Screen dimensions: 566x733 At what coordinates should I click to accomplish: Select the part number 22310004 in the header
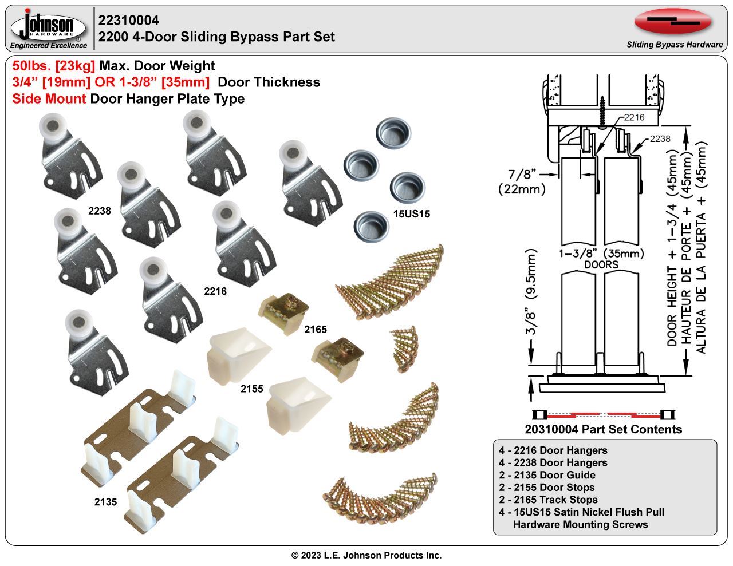(129, 21)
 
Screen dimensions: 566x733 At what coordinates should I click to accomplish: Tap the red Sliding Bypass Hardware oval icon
(673, 22)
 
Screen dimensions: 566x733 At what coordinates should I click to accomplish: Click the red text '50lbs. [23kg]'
(54, 66)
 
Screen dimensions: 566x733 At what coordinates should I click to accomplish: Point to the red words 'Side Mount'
(49, 99)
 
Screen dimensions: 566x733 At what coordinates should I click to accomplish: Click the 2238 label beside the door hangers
(99, 211)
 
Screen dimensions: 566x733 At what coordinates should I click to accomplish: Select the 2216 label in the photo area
(215, 291)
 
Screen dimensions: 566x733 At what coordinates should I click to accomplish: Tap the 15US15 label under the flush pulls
(411, 215)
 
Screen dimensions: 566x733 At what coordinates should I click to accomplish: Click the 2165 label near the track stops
(315, 330)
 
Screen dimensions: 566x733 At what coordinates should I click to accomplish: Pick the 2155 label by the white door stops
(251, 389)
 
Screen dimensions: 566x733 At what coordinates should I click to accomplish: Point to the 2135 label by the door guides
(105, 502)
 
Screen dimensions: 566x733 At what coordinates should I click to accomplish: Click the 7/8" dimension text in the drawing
(522, 173)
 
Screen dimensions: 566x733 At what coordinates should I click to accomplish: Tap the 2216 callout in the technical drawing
(634, 117)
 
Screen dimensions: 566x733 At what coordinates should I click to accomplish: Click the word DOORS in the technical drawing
(601, 265)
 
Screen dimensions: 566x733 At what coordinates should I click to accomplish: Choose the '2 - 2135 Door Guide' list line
(547, 475)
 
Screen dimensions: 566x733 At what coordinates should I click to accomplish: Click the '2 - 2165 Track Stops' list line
(548, 500)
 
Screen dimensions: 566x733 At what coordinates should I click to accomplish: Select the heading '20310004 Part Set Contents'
(603, 429)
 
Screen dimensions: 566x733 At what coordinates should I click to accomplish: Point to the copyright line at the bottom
(366, 555)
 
